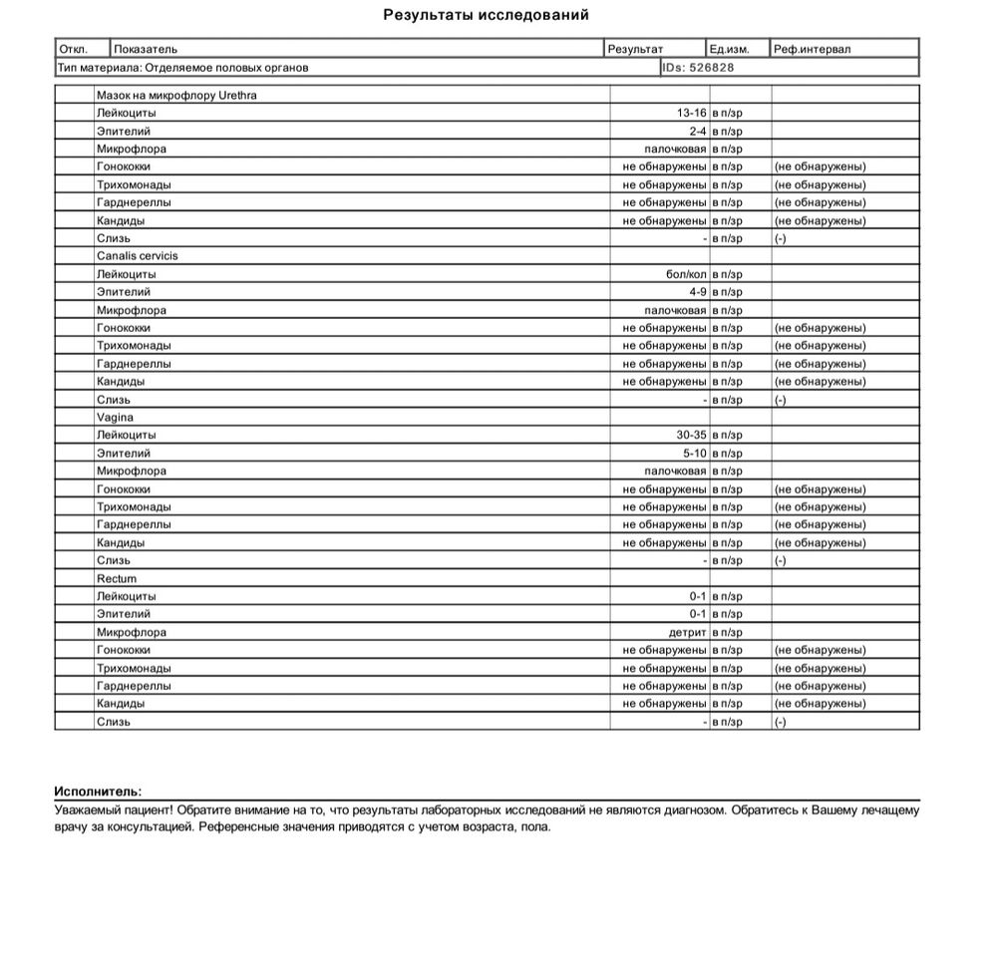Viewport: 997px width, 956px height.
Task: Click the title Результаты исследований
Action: [x=486, y=15]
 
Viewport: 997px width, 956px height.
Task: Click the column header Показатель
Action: [x=146, y=49]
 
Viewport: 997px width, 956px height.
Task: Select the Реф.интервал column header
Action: [x=813, y=49]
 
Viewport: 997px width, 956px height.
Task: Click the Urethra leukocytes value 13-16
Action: [x=691, y=114]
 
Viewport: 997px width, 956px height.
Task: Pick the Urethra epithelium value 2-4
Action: [x=697, y=132]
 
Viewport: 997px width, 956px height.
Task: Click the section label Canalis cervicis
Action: [x=138, y=256]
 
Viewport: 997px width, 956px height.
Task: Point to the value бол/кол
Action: [x=686, y=274]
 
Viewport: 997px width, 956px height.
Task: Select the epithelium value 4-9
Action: [x=697, y=292]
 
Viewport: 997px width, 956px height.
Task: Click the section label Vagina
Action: [x=115, y=418]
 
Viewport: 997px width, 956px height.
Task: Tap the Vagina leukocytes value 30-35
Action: [x=691, y=436]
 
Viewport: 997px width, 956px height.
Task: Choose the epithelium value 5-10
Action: [x=694, y=454]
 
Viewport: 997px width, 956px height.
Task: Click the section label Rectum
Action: [x=117, y=579]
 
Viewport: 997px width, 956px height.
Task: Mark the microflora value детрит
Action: [x=687, y=633]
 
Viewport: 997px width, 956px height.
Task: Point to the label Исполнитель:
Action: [x=98, y=791]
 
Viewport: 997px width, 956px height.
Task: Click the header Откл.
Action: [x=73, y=49]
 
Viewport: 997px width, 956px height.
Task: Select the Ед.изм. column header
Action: [x=729, y=49]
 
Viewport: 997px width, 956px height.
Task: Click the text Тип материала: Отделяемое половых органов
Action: [x=182, y=68]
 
